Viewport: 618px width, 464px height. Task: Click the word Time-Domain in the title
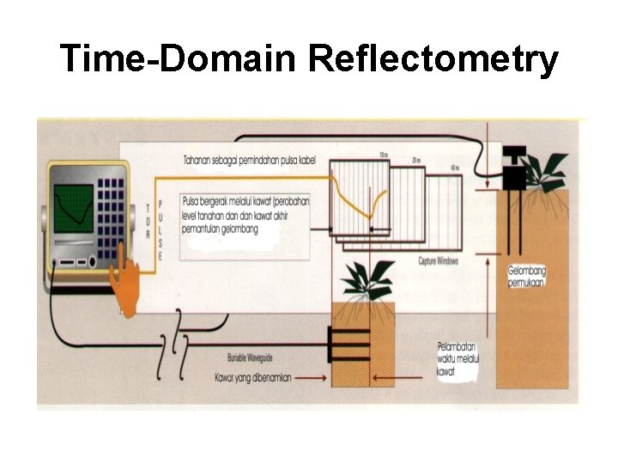(x=178, y=59)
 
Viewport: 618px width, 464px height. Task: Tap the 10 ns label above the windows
(x=384, y=156)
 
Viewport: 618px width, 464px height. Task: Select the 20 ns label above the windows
(x=416, y=160)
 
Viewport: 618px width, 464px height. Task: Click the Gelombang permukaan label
(x=526, y=276)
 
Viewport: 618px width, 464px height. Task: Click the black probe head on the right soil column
(x=514, y=168)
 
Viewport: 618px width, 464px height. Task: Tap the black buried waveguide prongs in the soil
(x=348, y=345)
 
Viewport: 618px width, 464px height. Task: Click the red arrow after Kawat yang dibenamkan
(x=310, y=376)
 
